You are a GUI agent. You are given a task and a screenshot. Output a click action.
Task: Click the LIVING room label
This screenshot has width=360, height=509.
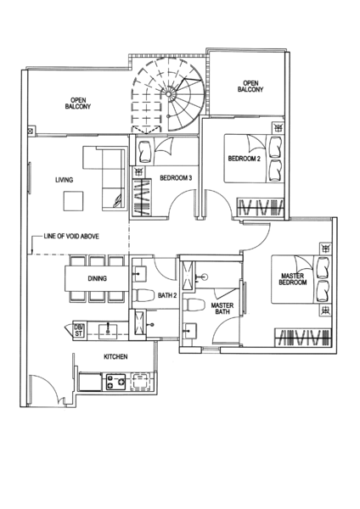click(64, 180)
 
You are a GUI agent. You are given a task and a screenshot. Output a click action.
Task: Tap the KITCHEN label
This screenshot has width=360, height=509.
click(115, 357)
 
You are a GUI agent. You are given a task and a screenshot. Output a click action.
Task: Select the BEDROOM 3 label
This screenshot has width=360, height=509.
click(176, 178)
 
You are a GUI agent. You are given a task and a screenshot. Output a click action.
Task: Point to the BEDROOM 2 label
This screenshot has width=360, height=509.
click(245, 159)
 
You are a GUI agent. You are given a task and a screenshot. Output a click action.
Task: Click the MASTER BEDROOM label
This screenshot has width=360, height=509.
click(293, 279)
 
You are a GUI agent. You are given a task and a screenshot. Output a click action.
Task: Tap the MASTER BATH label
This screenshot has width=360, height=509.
click(222, 309)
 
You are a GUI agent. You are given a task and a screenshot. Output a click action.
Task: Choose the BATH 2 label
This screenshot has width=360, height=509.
click(167, 295)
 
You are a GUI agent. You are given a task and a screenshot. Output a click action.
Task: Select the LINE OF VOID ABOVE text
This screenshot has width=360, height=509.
click(71, 237)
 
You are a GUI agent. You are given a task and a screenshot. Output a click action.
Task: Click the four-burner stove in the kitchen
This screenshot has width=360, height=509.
click(116, 382)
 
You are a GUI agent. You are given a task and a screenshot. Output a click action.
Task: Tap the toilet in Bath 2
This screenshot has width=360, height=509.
click(143, 295)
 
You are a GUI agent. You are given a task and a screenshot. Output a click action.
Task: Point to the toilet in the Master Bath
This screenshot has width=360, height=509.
click(194, 305)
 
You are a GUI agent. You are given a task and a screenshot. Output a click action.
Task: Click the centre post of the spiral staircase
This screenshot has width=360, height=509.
click(168, 94)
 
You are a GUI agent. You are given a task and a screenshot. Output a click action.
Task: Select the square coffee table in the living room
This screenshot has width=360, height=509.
click(73, 201)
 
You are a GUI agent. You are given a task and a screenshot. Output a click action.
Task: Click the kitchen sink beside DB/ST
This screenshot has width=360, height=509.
click(108, 328)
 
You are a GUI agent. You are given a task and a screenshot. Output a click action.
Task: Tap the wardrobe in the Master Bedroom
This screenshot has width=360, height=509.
click(303, 338)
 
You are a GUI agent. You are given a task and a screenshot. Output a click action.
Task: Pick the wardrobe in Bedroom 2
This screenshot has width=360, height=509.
click(261, 207)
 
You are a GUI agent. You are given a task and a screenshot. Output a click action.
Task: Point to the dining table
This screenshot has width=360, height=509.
click(97, 278)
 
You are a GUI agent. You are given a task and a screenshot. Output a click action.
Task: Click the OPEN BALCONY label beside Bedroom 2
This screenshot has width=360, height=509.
click(250, 87)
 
